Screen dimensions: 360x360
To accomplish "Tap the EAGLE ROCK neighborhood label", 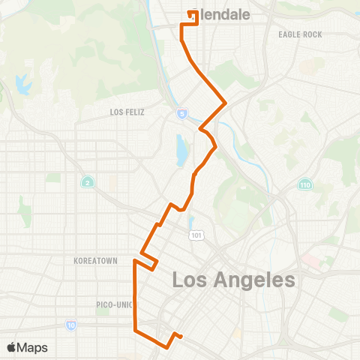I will [299, 34].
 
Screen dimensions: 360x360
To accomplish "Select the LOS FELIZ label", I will [126, 112].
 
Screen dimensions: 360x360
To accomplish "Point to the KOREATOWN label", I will [96, 261].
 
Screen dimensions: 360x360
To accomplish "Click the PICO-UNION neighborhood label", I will [113, 304].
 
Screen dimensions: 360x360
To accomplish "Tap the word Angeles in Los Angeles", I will [248, 280].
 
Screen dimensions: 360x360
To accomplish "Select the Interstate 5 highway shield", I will [182, 113].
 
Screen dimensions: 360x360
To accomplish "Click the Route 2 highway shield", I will [87, 181].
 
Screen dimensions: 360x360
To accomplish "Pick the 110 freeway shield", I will [305, 184].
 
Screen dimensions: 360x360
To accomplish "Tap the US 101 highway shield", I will [197, 235].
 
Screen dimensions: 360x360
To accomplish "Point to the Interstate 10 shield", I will [71, 325].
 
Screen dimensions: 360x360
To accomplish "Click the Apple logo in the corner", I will [12, 346].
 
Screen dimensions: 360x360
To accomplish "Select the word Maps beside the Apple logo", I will [33, 347].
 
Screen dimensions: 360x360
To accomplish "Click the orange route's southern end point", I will [181, 336].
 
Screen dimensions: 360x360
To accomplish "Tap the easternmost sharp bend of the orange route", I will [226, 102].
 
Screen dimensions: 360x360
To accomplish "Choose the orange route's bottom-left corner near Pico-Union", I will [135, 329].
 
